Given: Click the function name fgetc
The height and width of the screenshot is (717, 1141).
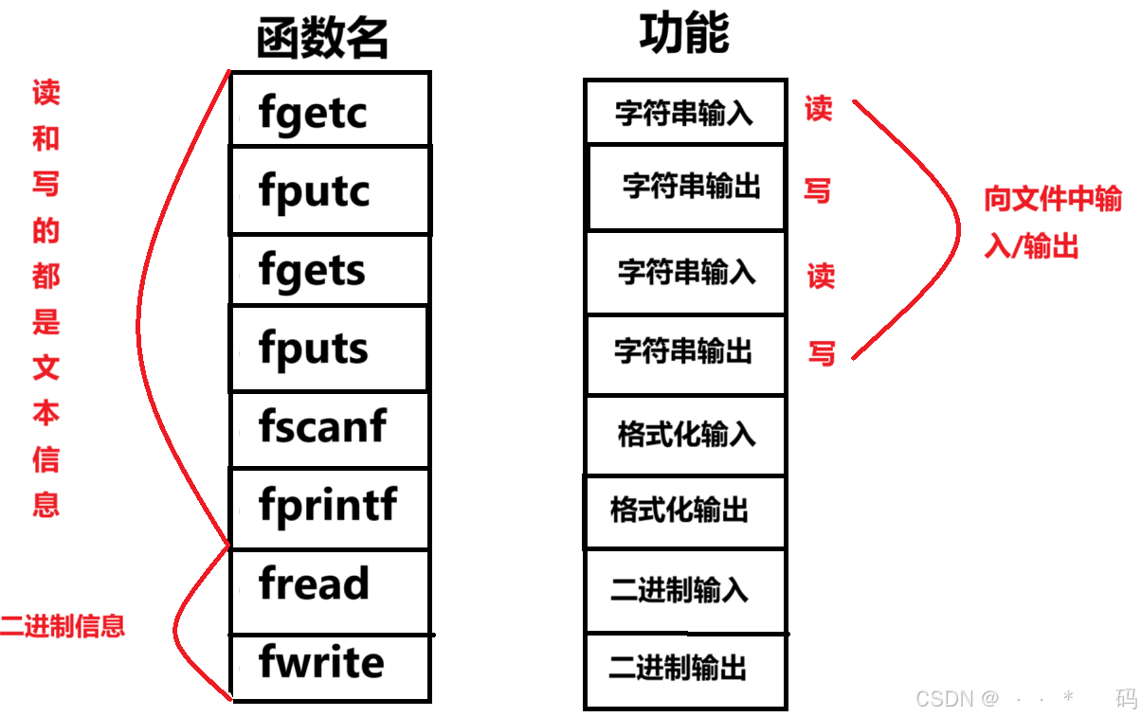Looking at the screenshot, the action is coord(313,114).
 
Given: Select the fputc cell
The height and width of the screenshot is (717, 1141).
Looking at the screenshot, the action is coord(314,191).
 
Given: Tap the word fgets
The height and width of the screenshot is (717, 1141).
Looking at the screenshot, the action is coord(312,272).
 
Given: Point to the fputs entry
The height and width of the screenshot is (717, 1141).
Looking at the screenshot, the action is coord(314,350).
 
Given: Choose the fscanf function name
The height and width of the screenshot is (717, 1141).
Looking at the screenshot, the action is coord(322,426).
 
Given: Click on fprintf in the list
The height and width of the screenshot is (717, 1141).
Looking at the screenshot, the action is coord(328,505).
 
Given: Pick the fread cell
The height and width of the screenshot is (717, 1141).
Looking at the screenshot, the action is coord(314,583).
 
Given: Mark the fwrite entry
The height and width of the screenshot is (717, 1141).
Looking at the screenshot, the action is coord(321,662).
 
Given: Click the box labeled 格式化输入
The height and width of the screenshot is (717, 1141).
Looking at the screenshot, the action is coord(686,435).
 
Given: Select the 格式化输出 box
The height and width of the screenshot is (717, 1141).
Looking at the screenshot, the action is coord(679,511).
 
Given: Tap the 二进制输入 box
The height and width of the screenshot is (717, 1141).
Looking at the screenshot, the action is coord(679,590).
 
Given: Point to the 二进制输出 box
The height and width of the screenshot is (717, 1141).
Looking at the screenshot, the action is coord(678,668).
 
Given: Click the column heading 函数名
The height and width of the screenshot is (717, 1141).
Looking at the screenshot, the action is coord(322,40).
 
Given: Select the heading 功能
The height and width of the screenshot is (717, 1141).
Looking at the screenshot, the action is coord(684,35).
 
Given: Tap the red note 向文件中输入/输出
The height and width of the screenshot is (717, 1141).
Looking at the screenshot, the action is coord(1052,223).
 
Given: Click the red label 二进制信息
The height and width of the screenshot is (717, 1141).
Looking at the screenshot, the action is coord(63,626).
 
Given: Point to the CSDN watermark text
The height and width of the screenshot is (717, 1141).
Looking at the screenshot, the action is coord(957,699).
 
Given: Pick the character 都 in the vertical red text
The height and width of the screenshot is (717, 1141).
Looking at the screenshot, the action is coord(45,277).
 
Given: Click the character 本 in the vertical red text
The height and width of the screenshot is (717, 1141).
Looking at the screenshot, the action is coord(45,414).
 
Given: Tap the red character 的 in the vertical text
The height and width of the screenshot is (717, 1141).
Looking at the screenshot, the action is coord(45,231).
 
